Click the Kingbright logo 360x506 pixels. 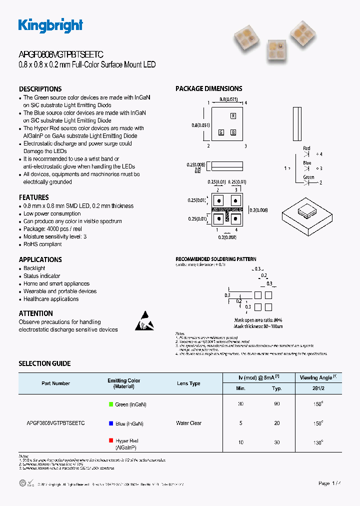[50, 25]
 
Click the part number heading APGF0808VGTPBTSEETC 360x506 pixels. [61, 54]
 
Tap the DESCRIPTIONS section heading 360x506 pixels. [40, 89]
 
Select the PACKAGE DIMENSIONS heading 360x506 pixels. [208, 89]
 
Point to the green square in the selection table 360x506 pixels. [110, 404]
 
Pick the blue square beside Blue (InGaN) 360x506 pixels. [110, 423]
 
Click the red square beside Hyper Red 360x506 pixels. [110, 440]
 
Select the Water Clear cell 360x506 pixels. [188, 423]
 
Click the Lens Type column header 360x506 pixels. [188, 383]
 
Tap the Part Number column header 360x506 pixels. [55, 383]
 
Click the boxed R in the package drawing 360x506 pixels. [233, 116]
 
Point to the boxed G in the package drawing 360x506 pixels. [220, 132]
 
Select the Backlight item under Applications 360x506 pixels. [34, 268]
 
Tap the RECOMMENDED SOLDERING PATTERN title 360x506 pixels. [216, 259]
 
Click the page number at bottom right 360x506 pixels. [330, 483]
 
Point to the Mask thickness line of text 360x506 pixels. [258, 326]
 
